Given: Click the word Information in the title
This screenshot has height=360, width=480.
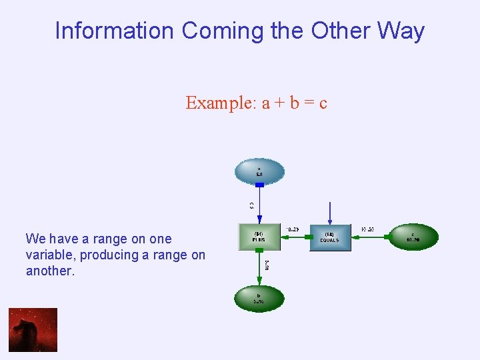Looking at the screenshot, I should [x=114, y=31].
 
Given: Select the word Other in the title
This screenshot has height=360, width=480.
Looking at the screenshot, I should [x=340, y=31].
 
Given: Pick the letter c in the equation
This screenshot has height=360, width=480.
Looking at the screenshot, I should [x=323, y=103].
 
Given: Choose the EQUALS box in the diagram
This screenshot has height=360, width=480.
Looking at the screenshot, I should [x=329, y=237].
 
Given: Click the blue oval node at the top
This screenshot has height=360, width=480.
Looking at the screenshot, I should [x=259, y=172].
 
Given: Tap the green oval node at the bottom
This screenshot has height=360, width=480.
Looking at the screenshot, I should [x=259, y=297].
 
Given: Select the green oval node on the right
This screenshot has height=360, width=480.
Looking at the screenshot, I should [x=413, y=237].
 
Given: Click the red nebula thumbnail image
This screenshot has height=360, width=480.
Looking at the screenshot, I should [x=33, y=329].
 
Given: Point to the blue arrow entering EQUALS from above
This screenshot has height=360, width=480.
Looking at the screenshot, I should [x=329, y=213].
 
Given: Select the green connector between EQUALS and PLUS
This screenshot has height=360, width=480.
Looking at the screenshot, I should [x=295, y=237].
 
